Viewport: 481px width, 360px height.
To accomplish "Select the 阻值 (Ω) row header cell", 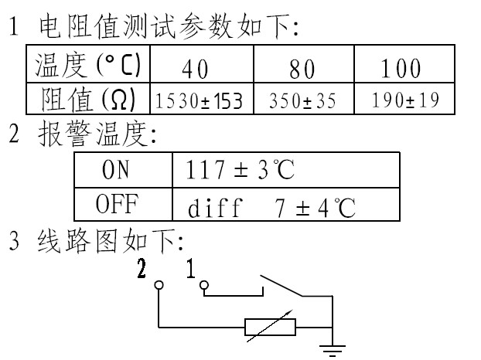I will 87,100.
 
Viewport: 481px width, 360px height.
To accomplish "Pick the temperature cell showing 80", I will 302,69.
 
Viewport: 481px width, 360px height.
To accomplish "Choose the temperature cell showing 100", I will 403,69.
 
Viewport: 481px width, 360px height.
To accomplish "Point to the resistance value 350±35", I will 302,100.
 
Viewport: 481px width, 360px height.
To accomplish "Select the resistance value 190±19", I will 403,100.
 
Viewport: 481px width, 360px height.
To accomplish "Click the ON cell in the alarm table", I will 122,170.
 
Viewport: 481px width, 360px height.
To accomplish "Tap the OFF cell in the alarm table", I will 122,205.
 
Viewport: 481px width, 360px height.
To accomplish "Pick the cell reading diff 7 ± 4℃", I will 271,206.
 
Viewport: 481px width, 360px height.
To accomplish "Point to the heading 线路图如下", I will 108,242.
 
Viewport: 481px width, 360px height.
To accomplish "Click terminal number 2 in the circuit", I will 141,269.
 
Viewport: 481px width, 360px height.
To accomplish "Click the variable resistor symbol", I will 270,326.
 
